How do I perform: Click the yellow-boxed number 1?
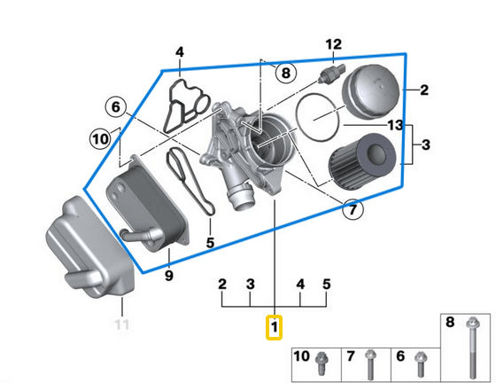[275, 328]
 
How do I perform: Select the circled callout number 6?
[114, 107]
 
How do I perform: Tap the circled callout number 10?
[100, 138]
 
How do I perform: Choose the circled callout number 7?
[352, 210]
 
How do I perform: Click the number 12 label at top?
[333, 44]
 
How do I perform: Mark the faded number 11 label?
[121, 324]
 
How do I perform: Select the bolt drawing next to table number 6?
[418, 362]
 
